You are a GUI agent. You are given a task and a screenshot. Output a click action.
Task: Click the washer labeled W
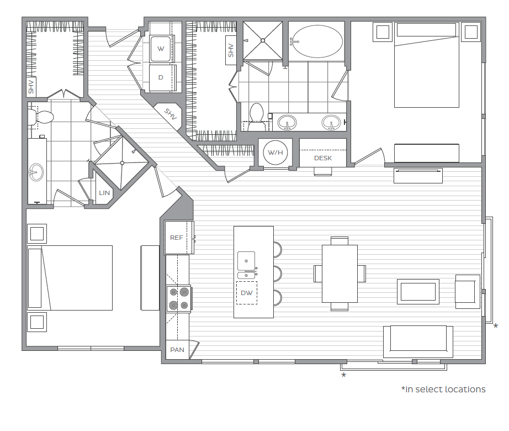161,49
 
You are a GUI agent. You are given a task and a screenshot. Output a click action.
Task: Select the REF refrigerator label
177,238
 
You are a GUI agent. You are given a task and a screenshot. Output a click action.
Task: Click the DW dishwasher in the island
247,293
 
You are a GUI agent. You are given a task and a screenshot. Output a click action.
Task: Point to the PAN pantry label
177,350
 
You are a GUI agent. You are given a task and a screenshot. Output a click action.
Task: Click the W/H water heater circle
275,153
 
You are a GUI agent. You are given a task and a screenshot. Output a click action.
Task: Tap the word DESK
323,158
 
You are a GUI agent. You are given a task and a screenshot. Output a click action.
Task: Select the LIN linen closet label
104,193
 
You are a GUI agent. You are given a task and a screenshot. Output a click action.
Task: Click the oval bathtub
317,41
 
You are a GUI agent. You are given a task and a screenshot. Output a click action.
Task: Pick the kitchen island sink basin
246,261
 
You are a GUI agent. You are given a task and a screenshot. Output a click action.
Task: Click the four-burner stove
179,299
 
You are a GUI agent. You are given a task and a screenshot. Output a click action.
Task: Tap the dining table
340,274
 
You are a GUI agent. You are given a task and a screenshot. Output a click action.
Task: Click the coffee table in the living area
418,292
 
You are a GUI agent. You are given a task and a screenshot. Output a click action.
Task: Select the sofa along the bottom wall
418,341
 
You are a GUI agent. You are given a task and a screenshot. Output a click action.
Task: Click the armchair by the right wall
468,292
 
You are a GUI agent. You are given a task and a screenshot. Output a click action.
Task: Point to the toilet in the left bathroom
41,117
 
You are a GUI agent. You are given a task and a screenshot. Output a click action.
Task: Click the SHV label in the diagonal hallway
171,114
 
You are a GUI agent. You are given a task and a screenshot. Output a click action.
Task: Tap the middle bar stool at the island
278,274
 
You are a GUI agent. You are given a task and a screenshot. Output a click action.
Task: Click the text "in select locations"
446,389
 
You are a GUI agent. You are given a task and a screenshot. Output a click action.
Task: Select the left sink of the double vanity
287,123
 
